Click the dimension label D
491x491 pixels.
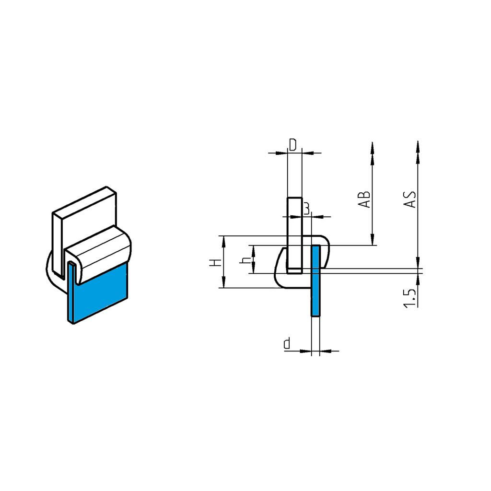pos(293,144)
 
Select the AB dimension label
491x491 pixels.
pos(365,199)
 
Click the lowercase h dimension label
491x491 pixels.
pos(246,260)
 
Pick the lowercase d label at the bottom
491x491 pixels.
pos(287,343)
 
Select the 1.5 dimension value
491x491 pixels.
pos(409,298)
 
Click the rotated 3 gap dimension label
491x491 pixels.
pos(307,207)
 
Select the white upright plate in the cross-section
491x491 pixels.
pos(294,230)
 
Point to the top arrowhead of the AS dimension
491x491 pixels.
pos(418,146)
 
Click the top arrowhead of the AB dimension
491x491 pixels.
pos(372,147)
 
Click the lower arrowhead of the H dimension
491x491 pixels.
pos(223,282)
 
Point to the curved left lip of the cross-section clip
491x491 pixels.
pos(278,269)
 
